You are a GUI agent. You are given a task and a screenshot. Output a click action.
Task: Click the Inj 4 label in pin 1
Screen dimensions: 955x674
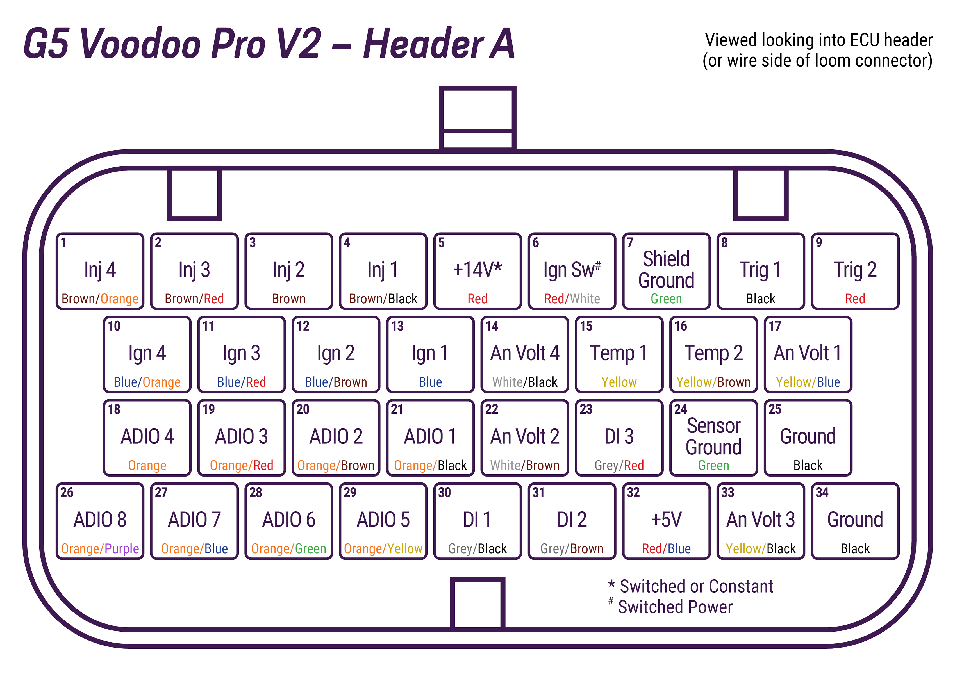coord(100,270)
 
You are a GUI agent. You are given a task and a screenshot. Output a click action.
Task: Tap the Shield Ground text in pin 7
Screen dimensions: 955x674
coord(666,269)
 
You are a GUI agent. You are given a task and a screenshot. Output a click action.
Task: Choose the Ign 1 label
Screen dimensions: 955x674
coord(430,353)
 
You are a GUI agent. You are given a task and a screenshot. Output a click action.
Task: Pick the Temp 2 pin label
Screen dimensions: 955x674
coord(714,353)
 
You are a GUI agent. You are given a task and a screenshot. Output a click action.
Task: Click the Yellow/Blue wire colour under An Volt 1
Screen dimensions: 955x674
coord(808,382)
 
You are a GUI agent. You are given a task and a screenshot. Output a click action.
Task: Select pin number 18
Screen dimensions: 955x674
coord(114,409)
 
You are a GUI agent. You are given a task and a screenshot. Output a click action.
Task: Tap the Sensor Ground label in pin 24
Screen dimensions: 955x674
coord(714,436)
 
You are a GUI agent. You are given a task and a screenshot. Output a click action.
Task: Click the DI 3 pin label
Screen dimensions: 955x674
coord(619,437)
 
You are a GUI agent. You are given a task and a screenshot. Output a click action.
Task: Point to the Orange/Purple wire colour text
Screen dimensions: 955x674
coord(100,549)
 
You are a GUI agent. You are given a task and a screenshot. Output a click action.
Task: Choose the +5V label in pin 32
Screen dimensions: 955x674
coord(666,520)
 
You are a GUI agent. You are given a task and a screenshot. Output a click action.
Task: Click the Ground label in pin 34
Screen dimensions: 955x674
coord(855,520)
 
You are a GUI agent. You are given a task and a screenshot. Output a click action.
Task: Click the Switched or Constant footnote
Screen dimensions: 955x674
coord(697,586)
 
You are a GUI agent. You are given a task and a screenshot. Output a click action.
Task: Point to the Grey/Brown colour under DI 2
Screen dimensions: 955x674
coord(572,549)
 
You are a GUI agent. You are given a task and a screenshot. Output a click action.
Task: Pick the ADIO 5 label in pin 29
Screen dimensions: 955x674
coord(383,520)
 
